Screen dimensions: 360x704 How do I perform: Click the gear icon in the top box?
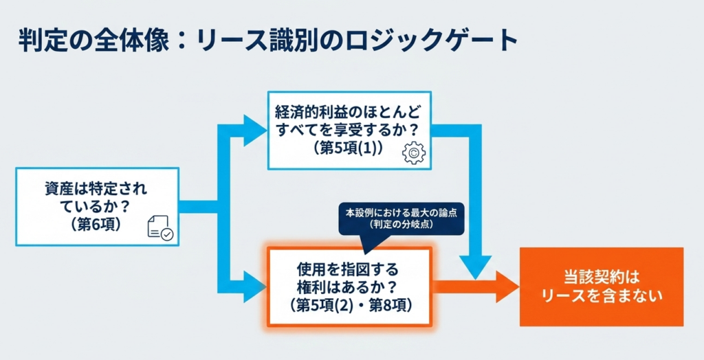coord(413,153)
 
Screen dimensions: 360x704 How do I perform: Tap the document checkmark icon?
coord(160,229)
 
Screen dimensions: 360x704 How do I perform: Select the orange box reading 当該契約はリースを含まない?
coord(602,286)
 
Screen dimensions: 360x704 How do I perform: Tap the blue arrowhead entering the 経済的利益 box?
coord(255,129)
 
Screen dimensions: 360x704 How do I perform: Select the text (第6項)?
coord(96,223)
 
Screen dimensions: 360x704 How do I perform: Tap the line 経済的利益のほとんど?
coord(349,111)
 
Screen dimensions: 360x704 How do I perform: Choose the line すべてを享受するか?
coord(349,128)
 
